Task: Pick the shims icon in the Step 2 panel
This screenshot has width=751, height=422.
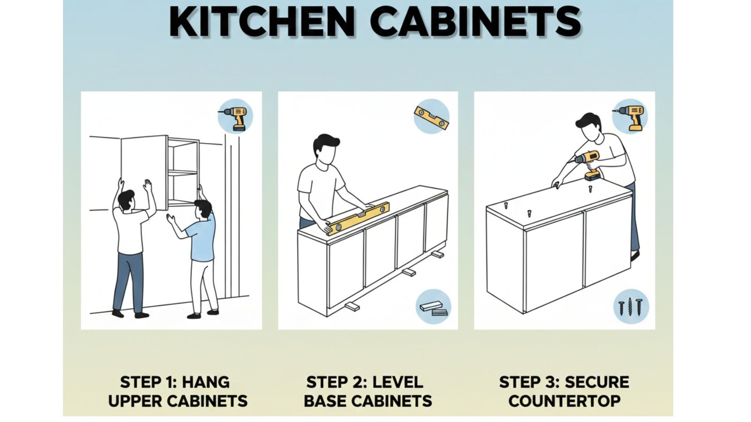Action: tap(433, 308)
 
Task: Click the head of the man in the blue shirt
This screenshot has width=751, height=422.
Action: tap(203, 209)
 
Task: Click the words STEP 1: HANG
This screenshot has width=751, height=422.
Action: tap(175, 382)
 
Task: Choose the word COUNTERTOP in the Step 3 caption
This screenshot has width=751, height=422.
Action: tap(564, 401)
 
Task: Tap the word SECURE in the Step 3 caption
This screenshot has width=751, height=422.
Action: tap(596, 382)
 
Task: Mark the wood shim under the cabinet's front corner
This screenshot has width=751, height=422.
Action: tap(352, 307)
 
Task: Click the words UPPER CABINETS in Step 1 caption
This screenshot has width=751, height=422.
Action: tap(177, 401)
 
